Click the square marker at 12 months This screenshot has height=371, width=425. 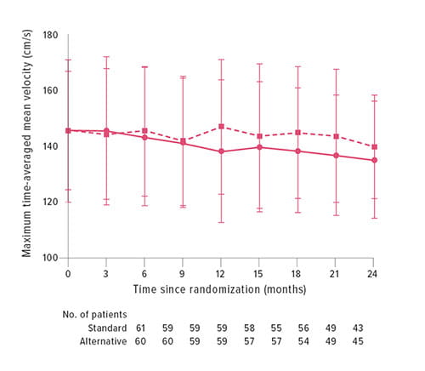click(221, 126)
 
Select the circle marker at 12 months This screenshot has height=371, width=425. click(221, 151)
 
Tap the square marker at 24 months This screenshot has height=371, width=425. click(375, 146)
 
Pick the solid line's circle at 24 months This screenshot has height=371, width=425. click(375, 160)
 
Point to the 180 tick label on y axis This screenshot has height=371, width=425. click(49, 35)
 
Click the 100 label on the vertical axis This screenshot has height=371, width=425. click(49, 258)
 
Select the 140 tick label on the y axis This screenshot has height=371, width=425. click(49, 146)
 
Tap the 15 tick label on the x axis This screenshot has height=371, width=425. click(259, 273)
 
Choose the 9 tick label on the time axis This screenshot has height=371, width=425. click(183, 273)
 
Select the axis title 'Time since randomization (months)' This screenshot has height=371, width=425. click(220, 289)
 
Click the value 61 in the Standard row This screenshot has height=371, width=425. click(140, 328)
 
